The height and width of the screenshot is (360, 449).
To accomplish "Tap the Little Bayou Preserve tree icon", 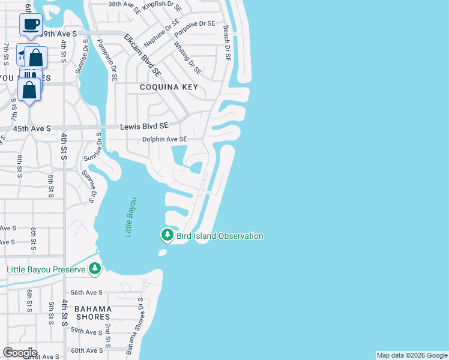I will (x=95, y=269).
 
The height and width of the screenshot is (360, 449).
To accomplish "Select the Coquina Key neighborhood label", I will (x=168, y=88).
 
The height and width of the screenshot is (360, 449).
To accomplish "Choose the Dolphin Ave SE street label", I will (x=164, y=139).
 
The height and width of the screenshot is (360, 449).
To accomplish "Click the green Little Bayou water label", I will (x=130, y=217).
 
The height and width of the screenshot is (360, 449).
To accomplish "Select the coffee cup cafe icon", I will (x=30, y=25).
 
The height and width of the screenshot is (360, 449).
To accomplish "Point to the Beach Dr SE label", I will (x=227, y=43).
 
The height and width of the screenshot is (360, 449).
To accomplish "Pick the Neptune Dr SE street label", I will (x=161, y=33).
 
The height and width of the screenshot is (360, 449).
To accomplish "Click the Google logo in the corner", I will (x=20, y=353).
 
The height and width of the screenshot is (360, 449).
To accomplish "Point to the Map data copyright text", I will (x=412, y=355).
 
